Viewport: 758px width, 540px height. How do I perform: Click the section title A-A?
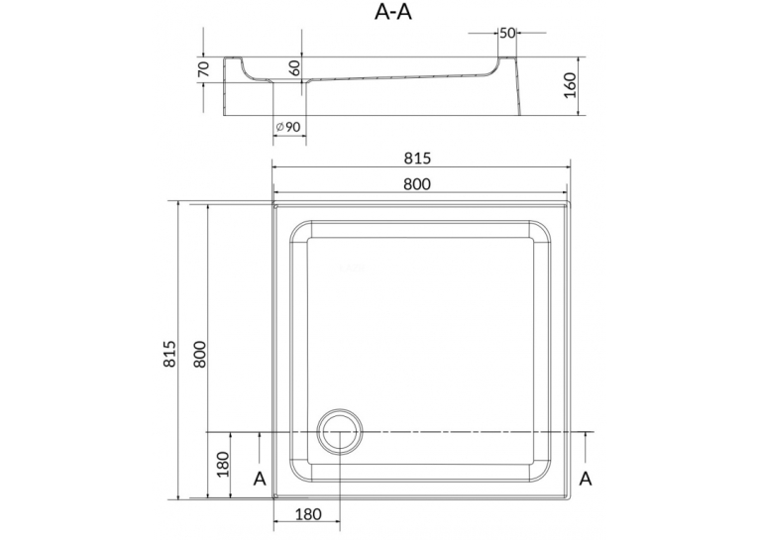[393, 12]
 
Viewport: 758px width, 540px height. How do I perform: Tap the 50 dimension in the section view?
[507, 33]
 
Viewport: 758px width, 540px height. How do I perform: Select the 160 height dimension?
[571, 85]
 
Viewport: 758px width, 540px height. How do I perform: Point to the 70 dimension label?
[203, 69]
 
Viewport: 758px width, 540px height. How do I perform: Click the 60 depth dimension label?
[294, 67]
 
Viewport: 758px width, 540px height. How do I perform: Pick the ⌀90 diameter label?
[288, 127]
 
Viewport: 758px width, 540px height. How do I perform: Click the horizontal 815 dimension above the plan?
[417, 159]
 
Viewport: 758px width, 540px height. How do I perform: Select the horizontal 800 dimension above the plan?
[417, 183]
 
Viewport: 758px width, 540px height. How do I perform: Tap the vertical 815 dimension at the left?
[170, 354]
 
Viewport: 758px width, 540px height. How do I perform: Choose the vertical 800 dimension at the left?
[199, 354]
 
